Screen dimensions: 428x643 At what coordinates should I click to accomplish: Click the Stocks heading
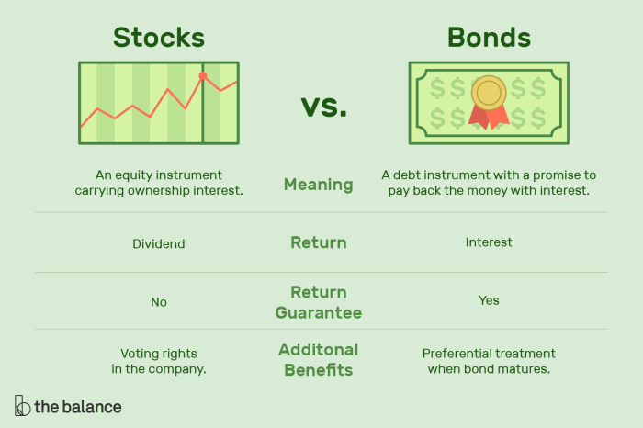pyautogui.click(x=158, y=37)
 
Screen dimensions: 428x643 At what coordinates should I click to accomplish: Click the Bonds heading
pyautogui.click(x=489, y=37)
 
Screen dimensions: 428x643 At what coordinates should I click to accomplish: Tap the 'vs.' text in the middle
pyautogui.click(x=324, y=107)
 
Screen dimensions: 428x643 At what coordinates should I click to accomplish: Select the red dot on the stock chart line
pyautogui.click(x=203, y=76)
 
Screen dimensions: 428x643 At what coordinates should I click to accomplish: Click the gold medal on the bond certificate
pyautogui.click(x=489, y=93)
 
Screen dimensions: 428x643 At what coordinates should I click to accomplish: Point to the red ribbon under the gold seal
pyautogui.click(x=489, y=116)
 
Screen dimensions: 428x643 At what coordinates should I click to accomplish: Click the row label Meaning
pyautogui.click(x=318, y=185)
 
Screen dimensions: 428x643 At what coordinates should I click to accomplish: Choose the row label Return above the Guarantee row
pyautogui.click(x=318, y=242)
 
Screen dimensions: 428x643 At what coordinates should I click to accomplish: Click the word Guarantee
pyautogui.click(x=318, y=312)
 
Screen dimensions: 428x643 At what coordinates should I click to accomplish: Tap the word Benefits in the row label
pyautogui.click(x=318, y=370)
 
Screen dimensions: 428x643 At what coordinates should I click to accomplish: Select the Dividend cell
pyautogui.click(x=159, y=244)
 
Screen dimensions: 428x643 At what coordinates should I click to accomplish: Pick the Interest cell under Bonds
pyautogui.click(x=489, y=242)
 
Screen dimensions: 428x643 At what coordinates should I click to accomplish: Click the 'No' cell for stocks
pyautogui.click(x=159, y=301)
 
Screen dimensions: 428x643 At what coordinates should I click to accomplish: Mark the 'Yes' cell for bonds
pyautogui.click(x=489, y=300)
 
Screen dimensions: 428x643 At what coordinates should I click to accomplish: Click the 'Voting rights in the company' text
pyautogui.click(x=159, y=361)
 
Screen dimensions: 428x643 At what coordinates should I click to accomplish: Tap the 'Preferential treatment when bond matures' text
pyautogui.click(x=489, y=361)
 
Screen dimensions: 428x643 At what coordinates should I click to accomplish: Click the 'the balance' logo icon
pyautogui.click(x=22, y=405)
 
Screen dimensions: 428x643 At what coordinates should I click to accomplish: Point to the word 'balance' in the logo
pyautogui.click(x=91, y=406)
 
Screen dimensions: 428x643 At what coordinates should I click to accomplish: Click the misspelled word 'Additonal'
pyautogui.click(x=318, y=350)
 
